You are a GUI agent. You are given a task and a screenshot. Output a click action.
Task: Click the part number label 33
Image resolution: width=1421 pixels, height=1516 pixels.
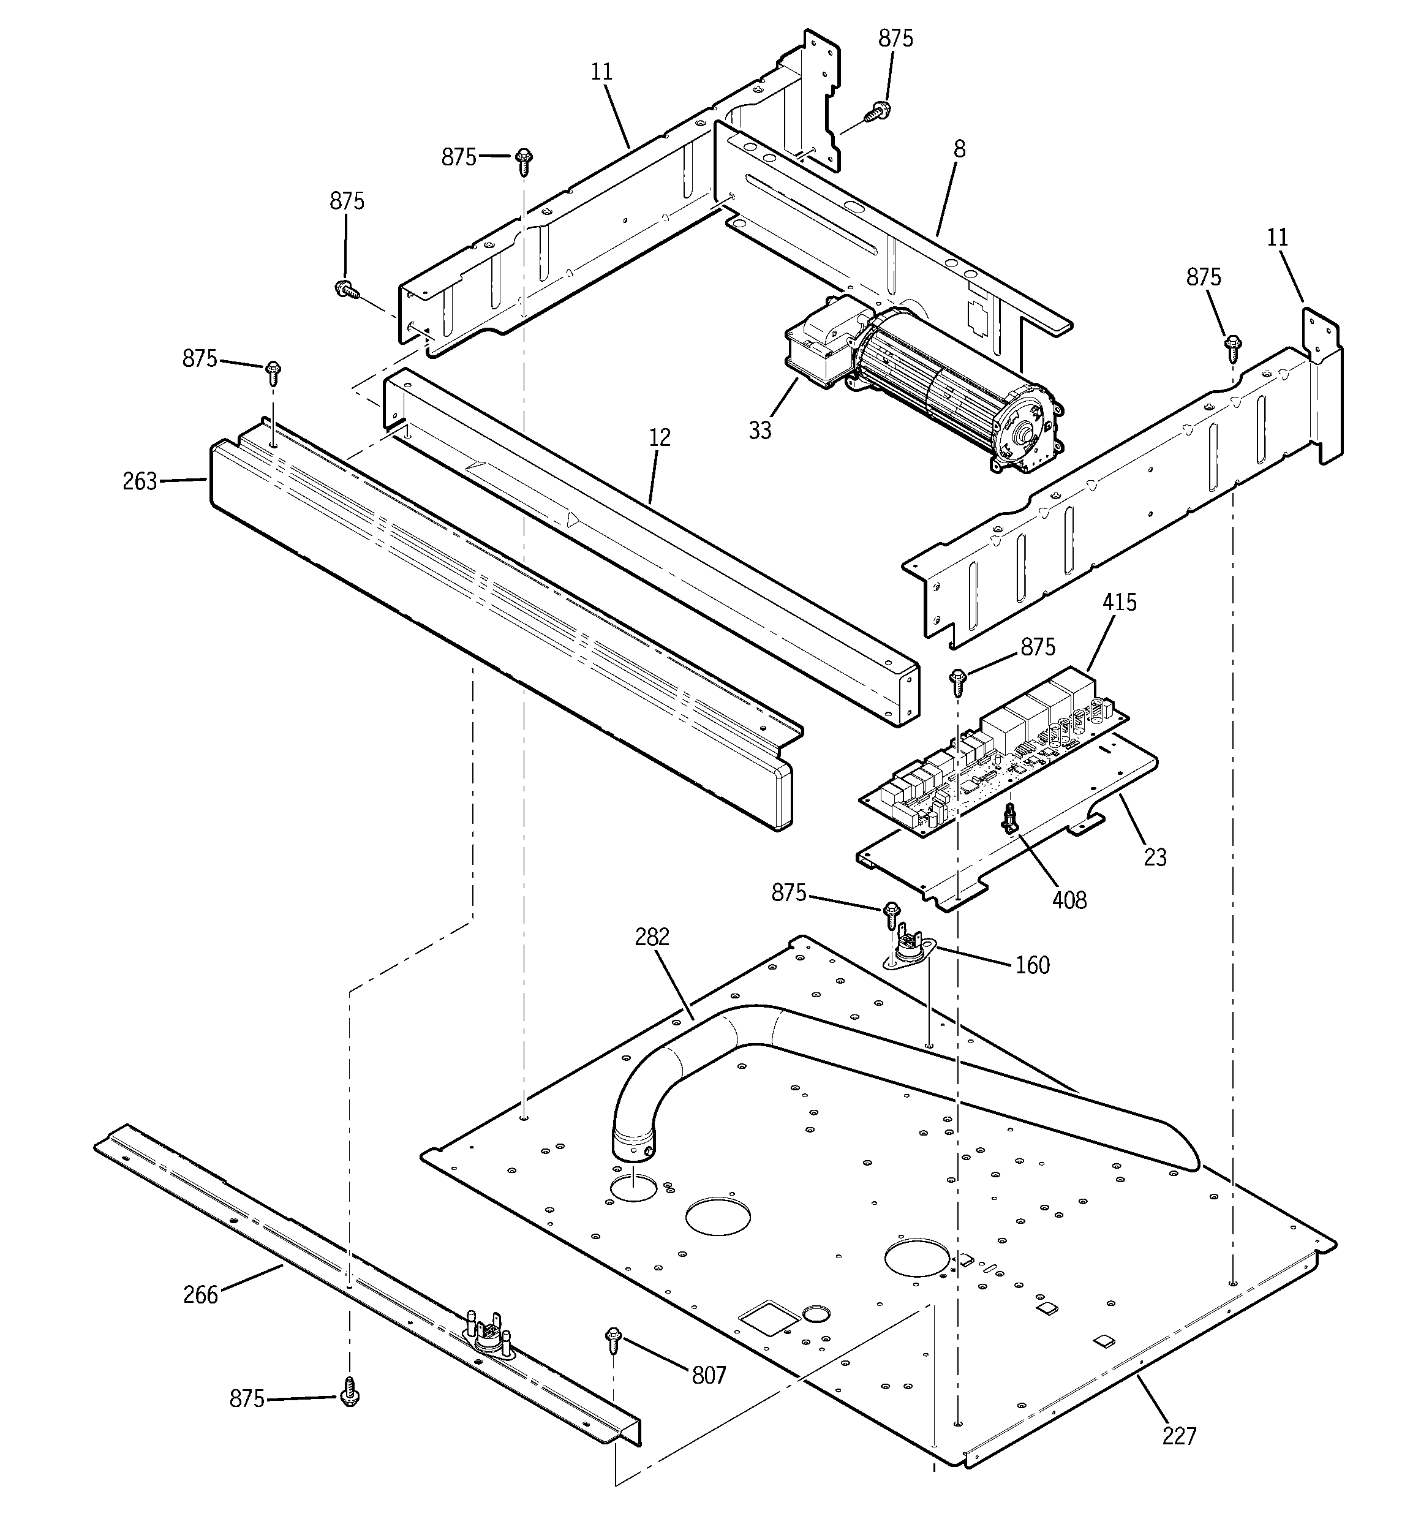coord(759,430)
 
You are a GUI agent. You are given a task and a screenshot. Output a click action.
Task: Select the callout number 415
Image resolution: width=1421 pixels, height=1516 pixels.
coord(1119,603)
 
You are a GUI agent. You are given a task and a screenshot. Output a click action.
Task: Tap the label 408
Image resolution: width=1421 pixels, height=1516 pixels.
coord(1069,900)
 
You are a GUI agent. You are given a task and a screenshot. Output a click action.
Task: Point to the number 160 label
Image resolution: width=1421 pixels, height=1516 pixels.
coord(1032,965)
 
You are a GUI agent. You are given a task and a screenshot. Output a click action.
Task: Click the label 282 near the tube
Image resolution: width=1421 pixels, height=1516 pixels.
coord(652,937)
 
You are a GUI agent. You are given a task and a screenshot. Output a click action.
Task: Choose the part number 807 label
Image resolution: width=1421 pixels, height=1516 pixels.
coord(709,1375)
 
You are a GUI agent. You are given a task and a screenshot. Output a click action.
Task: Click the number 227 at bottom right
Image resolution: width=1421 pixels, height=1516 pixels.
coord(1179,1436)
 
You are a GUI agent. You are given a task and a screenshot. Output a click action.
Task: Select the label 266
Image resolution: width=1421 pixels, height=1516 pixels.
coord(201,1295)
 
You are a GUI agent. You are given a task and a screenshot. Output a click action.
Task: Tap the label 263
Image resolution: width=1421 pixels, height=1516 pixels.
coord(140,481)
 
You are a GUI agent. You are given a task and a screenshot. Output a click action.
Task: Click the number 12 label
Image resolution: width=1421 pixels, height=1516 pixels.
coord(660,438)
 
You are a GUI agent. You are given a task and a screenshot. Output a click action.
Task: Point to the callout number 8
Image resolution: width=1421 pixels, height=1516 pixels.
coord(959,149)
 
